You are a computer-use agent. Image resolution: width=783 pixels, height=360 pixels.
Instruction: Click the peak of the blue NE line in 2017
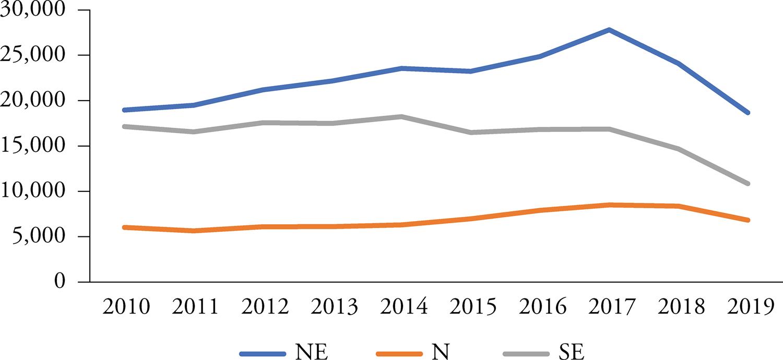point(609,30)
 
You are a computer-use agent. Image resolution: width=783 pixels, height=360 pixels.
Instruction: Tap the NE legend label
point(312,351)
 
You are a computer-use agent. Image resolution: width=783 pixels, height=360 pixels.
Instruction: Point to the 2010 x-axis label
point(126,307)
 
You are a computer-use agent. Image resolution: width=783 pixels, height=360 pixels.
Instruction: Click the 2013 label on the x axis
point(334,307)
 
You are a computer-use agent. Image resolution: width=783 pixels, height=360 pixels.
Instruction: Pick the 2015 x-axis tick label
point(473,307)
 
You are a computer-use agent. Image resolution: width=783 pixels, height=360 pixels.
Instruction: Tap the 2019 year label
point(747,307)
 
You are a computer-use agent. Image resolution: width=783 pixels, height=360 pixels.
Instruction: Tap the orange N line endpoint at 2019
point(748,220)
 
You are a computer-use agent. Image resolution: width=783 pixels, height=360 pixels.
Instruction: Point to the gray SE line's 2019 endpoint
point(748,184)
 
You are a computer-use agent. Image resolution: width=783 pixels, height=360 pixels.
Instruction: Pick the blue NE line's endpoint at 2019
point(748,113)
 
